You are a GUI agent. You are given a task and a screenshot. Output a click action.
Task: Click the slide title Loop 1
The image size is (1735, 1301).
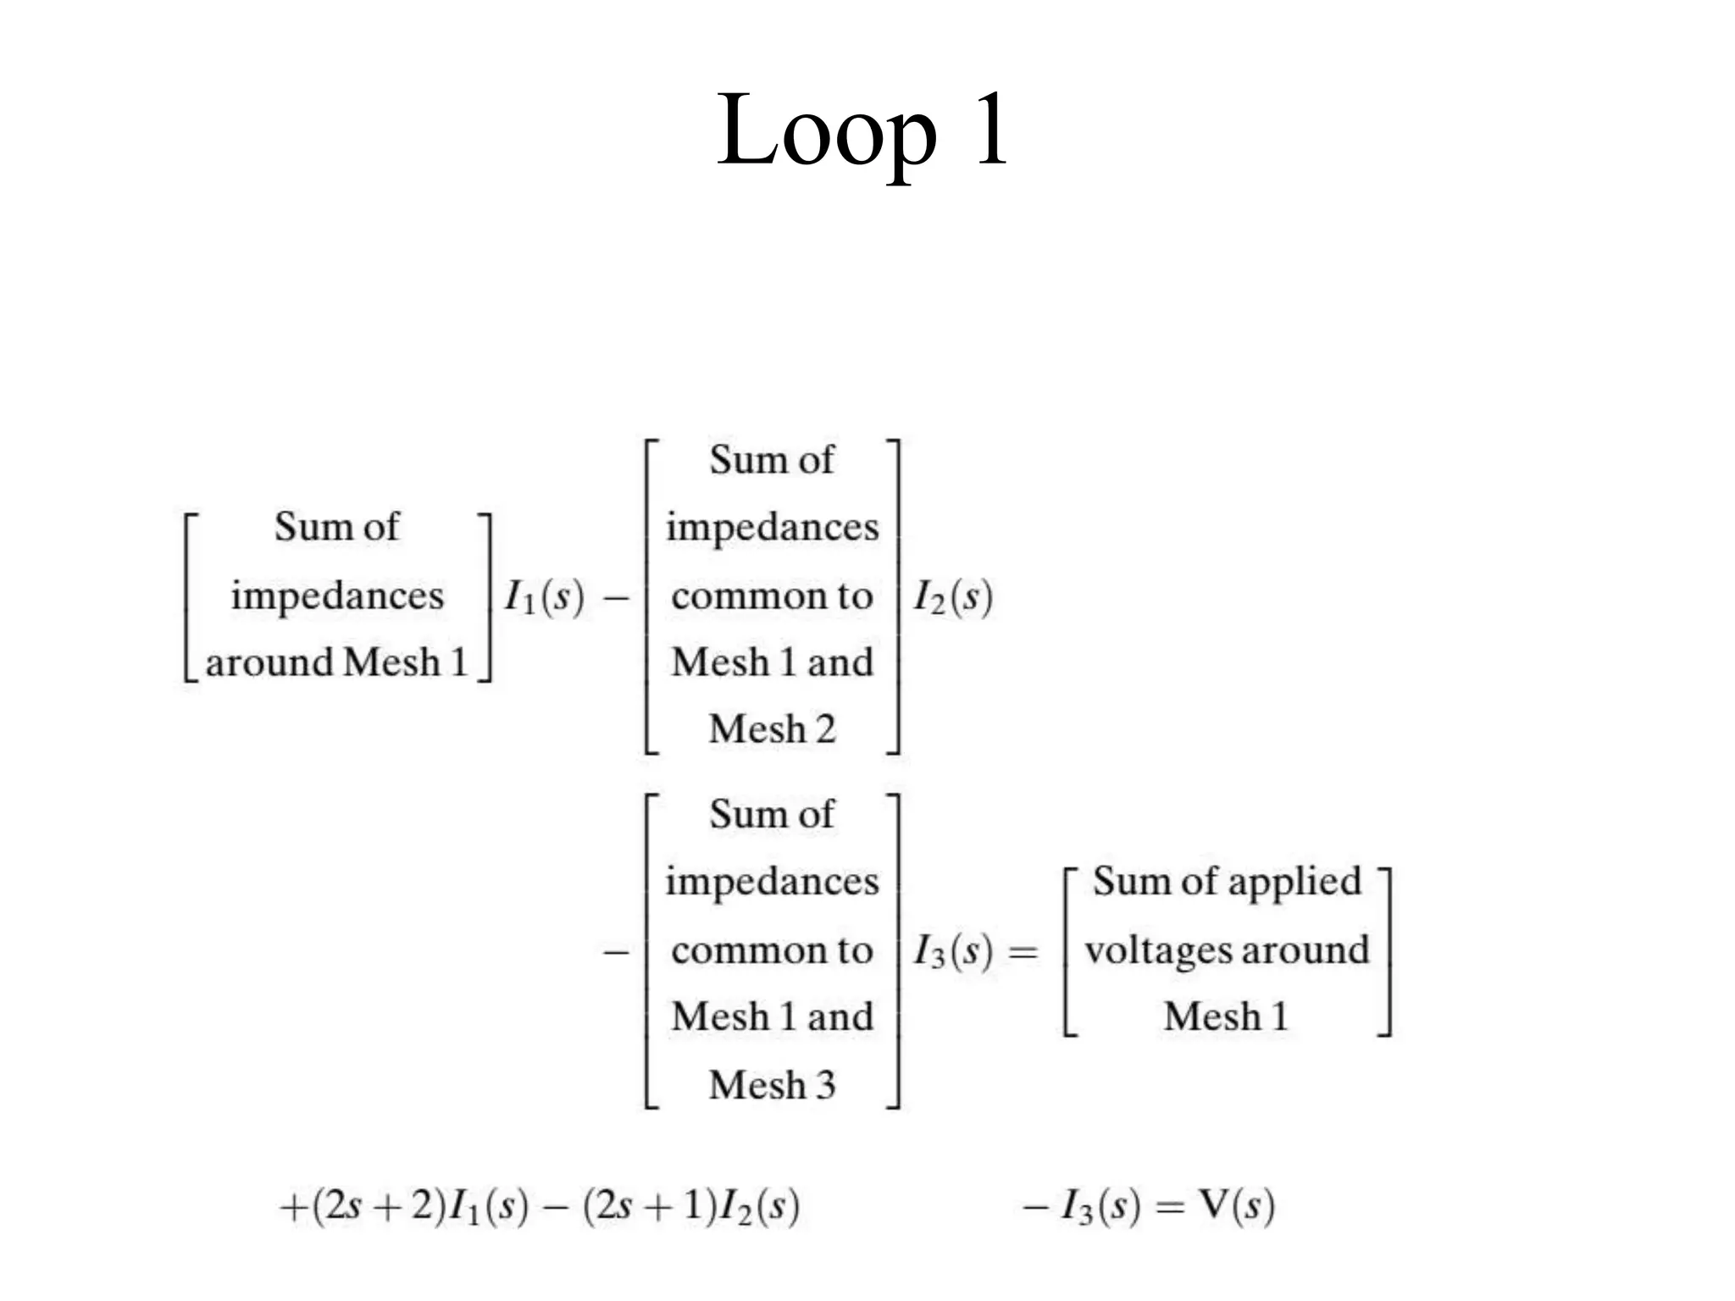click(862, 131)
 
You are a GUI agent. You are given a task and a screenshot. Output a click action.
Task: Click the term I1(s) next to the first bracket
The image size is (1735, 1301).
click(544, 597)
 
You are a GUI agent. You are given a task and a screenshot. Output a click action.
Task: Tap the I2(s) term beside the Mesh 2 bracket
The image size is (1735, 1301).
click(952, 597)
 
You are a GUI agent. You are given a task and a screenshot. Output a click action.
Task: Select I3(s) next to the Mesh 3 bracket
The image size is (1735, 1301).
click(952, 951)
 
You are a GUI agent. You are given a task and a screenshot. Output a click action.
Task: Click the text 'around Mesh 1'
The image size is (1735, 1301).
click(336, 662)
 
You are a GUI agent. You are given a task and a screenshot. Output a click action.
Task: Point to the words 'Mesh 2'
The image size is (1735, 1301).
click(772, 729)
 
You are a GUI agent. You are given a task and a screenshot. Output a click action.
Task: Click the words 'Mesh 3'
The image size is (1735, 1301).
click(772, 1085)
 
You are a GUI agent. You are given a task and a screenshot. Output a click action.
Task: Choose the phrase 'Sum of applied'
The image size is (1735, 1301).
click(1226, 882)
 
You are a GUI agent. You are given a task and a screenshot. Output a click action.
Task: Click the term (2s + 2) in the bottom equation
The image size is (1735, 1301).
click(379, 1205)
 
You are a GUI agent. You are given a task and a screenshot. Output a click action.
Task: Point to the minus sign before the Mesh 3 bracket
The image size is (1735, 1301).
click(616, 953)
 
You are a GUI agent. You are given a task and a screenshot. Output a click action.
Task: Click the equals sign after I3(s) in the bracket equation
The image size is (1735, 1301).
click(1023, 953)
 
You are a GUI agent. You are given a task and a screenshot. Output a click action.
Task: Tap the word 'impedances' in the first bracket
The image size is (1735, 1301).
click(336, 595)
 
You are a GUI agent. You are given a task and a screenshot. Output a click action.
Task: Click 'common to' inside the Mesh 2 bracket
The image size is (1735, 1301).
click(772, 596)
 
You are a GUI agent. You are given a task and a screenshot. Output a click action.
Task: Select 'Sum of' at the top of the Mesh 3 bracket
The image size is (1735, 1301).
click(772, 814)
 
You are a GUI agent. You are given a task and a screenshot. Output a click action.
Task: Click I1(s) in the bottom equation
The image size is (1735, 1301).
click(488, 1205)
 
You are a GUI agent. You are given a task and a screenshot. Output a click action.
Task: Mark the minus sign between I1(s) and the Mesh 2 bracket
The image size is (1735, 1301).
click(616, 598)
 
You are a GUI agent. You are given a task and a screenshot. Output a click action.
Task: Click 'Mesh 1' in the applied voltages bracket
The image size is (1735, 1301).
click(1226, 1016)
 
